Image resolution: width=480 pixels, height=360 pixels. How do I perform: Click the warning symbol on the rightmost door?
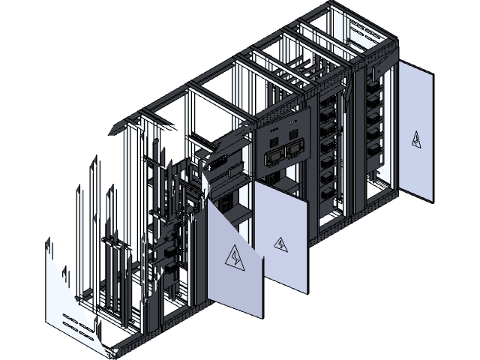(417, 139)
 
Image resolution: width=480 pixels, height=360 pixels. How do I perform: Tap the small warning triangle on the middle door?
(280, 244)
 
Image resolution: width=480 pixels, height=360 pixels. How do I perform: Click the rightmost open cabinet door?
(416, 131)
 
